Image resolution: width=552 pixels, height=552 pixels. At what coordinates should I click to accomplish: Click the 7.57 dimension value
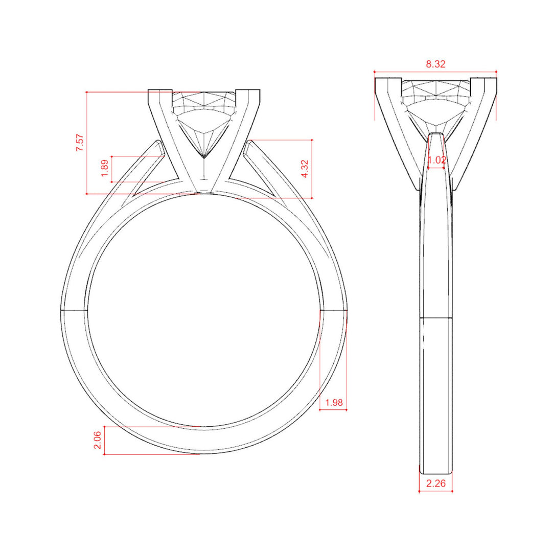[80, 143]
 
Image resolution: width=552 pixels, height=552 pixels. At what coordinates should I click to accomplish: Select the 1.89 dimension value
[105, 169]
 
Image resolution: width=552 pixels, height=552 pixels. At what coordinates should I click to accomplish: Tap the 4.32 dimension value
[305, 169]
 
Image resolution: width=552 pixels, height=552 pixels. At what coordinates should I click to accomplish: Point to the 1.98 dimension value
[334, 402]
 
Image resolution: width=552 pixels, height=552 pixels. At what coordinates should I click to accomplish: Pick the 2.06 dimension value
[98, 440]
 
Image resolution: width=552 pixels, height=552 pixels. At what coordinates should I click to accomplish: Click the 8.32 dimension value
[435, 64]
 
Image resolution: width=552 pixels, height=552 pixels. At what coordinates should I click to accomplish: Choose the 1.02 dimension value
[436, 160]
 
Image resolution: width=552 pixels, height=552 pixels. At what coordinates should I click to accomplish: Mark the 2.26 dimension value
[436, 484]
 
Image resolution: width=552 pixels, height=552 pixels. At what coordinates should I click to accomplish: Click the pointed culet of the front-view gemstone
[204, 157]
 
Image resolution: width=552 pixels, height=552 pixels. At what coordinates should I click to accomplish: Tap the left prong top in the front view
[160, 91]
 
